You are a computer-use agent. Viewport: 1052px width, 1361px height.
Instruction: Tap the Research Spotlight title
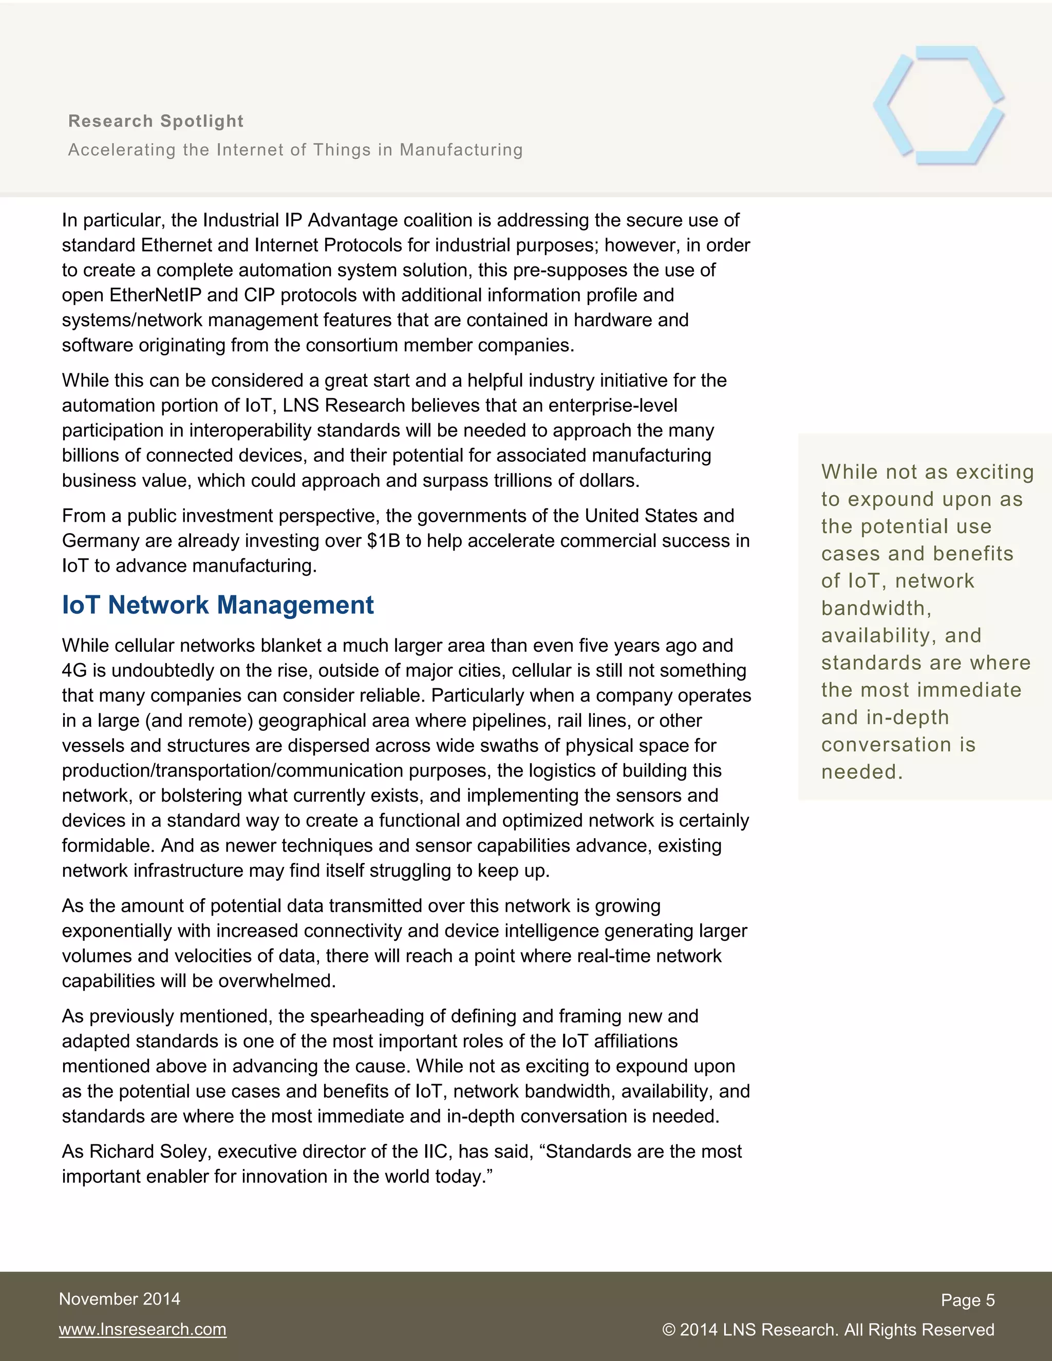[x=156, y=121]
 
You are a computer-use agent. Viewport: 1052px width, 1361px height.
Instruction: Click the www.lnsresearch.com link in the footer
[x=143, y=1329]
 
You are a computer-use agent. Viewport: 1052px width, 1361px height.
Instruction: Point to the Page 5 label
[x=967, y=1300]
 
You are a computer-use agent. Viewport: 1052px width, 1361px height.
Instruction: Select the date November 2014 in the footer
[x=120, y=1299]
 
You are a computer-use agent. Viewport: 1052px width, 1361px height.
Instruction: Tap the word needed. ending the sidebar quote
[x=862, y=772]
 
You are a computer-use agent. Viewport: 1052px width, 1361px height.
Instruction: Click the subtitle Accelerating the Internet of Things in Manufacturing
[x=295, y=150]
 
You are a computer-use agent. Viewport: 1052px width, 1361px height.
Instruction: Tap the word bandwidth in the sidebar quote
[x=875, y=608]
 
